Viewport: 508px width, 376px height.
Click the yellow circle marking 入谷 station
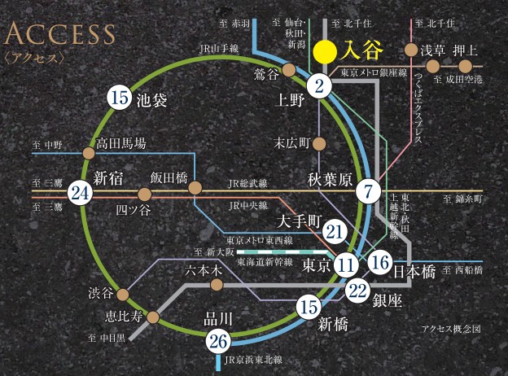coord(325,51)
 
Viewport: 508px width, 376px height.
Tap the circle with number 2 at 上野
coord(320,84)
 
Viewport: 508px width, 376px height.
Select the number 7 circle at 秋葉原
coord(369,192)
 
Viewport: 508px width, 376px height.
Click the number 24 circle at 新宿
coord(79,194)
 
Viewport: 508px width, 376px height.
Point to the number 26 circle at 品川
coord(217,341)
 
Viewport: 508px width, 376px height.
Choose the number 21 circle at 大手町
coord(335,233)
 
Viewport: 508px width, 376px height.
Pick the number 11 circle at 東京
coord(346,265)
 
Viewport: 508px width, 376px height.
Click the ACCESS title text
coord(60,35)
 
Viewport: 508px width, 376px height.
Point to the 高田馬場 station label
coord(121,143)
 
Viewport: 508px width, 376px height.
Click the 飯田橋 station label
coord(169,177)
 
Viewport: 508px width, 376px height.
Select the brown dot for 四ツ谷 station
coord(145,195)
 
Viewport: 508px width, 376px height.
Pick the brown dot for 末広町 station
coord(319,144)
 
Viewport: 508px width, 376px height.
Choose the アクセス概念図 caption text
coord(452,330)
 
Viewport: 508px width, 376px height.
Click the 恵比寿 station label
coord(123,317)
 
